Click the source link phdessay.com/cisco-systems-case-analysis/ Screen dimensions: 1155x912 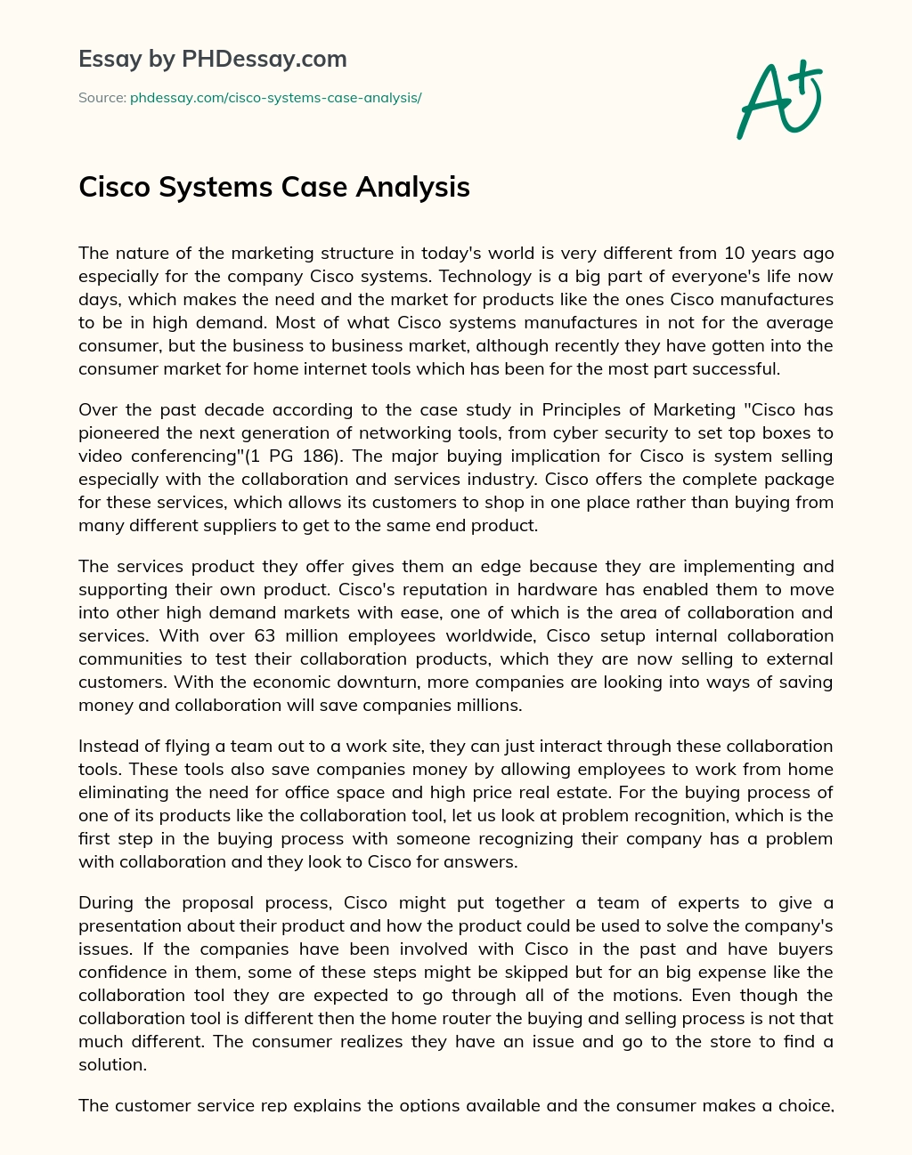coord(275,98)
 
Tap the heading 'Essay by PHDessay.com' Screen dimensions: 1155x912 coord(213,60)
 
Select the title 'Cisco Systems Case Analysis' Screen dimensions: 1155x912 coord(274,187)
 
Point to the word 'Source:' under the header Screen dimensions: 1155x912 coord(102,98)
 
